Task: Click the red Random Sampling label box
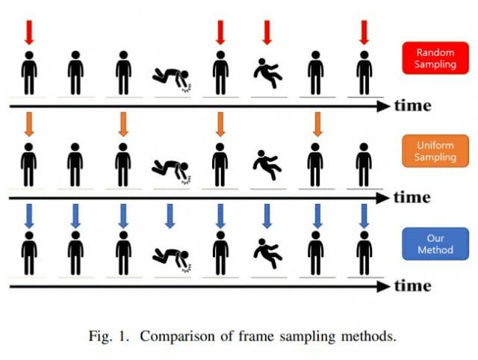tap(435, 59)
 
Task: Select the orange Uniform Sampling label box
tap(435, 149)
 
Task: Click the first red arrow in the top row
tap(28, 32)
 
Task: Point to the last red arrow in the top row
tap(364, 32)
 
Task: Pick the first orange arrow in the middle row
tap(28, 123)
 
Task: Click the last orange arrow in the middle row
tap(316, 123)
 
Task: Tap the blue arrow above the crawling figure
tap(171, 215)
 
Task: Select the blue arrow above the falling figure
tap(267, 215)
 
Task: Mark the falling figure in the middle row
tap(266, 164)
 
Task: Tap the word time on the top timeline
tap(412, 105)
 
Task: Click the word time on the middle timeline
tap(412, 197)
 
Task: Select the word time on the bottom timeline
tap(412, 285)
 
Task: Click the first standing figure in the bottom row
tap(28, 253)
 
